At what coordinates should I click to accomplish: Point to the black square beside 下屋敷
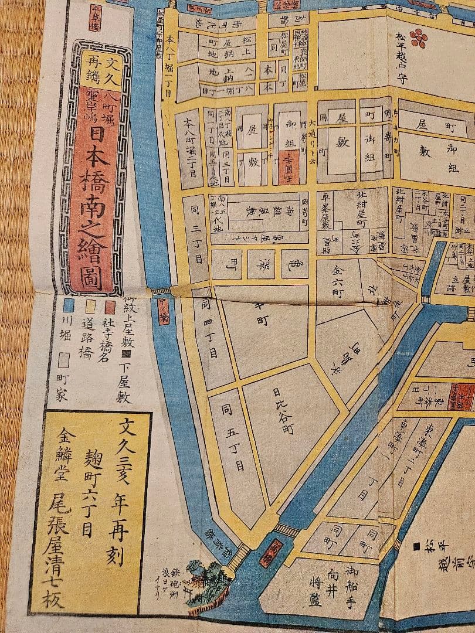(x=124, y=353)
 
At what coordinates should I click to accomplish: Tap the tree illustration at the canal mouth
(x=202, y=577)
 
